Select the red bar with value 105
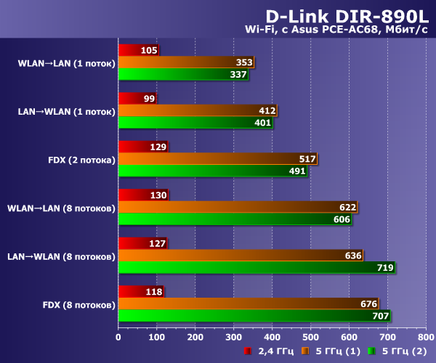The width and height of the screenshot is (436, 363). click(138, 51)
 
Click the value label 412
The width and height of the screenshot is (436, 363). click(267, 111)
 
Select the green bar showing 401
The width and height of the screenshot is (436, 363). click(195, 123)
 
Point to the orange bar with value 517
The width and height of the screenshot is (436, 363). click(217, 159)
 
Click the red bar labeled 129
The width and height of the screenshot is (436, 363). click(142, 147)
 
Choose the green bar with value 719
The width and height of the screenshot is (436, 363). click(257, 268)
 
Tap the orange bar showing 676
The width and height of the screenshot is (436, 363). click(248, 304)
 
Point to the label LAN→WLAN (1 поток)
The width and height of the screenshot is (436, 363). click(66, 112)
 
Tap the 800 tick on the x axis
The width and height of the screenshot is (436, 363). click(425, 337)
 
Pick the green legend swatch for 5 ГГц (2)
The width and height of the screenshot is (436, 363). click(371, 351)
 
